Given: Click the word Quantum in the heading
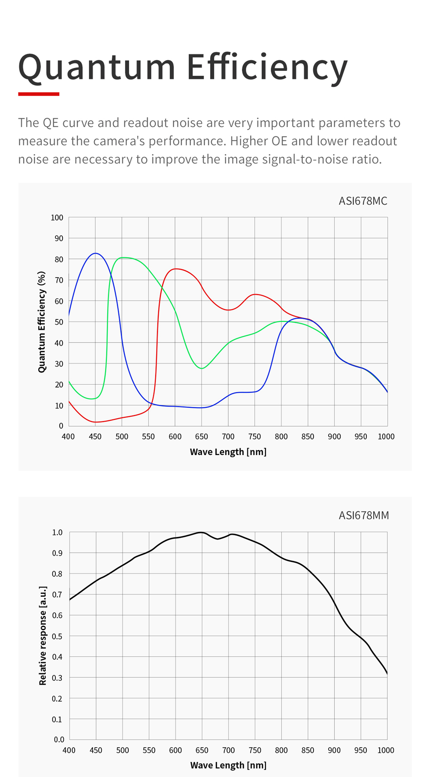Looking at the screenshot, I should click(x=97, y=67).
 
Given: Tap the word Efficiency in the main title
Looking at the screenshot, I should click(x=267, y=67).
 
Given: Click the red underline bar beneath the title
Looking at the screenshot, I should click(x=39, y=94).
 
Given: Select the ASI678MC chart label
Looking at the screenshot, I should click(x=363, y=201).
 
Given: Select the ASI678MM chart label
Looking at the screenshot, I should click(x=363, y=515).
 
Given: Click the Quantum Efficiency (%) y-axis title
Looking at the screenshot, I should click(x=42, y=322).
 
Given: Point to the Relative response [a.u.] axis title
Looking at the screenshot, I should click(x=42, y=636).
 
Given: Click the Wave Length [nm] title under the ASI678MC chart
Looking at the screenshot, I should click(x=228, y=452).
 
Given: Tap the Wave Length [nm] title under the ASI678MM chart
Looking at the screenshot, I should click(x=228, y=765).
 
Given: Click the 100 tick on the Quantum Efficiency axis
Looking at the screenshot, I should click(x=57, y=218).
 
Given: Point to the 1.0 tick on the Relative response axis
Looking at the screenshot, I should click(x=57, y=532).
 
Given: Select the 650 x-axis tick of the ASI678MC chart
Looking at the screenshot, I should click(x=202, y=437).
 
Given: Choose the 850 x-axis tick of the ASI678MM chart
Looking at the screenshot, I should click(x=308, y=750).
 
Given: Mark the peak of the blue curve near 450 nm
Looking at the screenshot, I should click(x=96, y=253).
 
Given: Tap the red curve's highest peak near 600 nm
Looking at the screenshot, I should click(x=176, y=269).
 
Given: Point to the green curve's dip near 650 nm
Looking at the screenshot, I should click(x=202, y=368).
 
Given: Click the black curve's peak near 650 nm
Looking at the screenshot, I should click(x=201, y=532).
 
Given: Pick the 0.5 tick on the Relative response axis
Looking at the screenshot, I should click(x=57, y=636).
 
